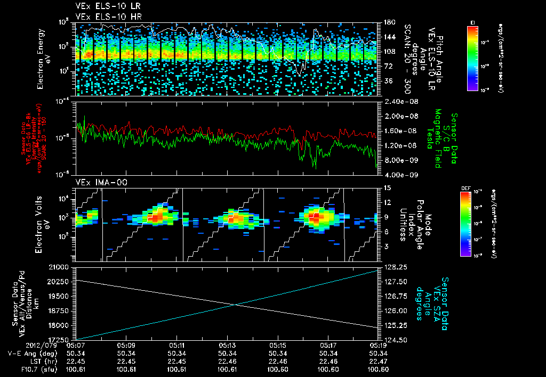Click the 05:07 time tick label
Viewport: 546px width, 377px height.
[x=77, y=345]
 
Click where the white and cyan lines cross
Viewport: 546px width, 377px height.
[x=236, y=305]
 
